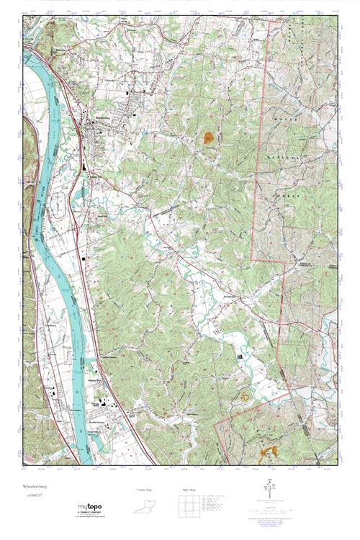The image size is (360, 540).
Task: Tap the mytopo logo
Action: (91, 508)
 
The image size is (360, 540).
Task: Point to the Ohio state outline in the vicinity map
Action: (146, 509)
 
